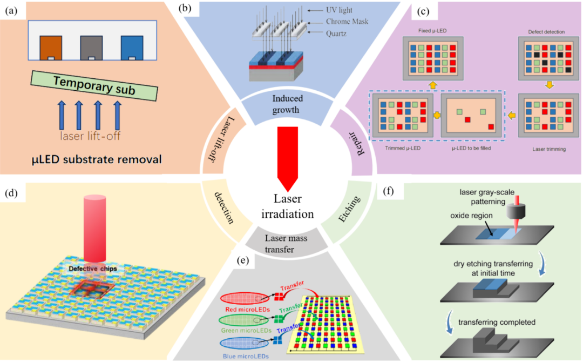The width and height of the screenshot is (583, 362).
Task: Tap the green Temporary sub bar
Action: [94, 85]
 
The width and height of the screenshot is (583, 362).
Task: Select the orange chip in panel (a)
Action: [51, 48]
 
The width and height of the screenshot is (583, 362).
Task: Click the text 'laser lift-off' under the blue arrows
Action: [90, 136]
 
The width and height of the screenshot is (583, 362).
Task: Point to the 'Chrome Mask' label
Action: [347, 22]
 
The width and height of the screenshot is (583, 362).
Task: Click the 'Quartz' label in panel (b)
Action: [336, 33]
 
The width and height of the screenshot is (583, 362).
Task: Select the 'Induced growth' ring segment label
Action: [287, 104]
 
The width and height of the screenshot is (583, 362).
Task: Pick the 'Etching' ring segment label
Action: [349, 209]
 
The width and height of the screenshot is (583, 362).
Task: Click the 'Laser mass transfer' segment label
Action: [286, 244]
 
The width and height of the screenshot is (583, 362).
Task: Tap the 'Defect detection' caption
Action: [546, 32]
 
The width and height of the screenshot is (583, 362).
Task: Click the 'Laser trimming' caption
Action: [549, 149]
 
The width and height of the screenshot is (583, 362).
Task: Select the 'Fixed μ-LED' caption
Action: [432, 31]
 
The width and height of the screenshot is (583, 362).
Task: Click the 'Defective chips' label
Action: [93, 269]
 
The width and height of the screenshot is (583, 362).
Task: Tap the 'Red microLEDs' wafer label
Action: [247, 309]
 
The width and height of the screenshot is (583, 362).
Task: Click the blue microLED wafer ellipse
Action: [244, 343]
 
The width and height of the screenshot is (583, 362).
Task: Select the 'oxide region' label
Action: [471, 216]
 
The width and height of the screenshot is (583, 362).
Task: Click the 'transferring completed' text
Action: [497, 322]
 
